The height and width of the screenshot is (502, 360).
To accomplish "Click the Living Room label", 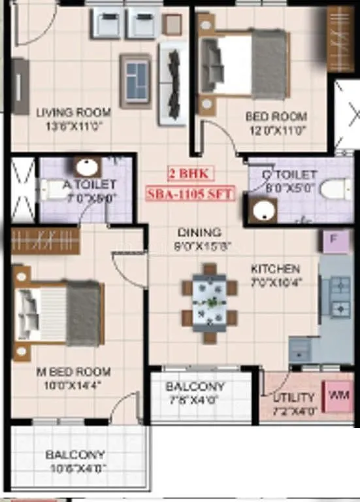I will pos(73,112).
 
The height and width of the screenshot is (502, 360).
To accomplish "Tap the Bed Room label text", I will pos(276,116).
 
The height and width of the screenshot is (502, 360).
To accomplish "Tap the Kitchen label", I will pos(276,269).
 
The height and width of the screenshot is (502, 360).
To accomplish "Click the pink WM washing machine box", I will pos(340,395).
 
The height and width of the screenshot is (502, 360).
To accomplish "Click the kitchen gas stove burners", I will pos(340,296).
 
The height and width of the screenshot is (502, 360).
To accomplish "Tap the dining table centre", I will pos(210,303).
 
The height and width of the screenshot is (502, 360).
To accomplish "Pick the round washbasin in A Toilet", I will pos(86,167).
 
